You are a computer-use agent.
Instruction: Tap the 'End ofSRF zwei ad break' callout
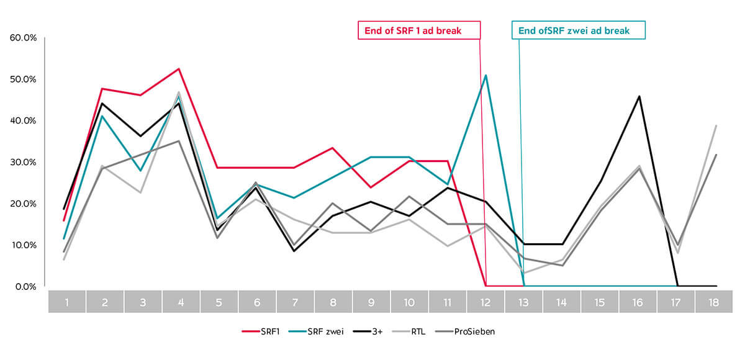[579, 30]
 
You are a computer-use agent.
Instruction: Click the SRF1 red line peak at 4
[179, 69]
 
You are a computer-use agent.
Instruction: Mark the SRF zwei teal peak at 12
[485, 75]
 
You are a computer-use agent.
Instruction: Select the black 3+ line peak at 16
[639, 96]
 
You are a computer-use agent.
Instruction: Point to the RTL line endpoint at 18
[716, 125]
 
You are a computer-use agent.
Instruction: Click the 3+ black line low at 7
[295, 251]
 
